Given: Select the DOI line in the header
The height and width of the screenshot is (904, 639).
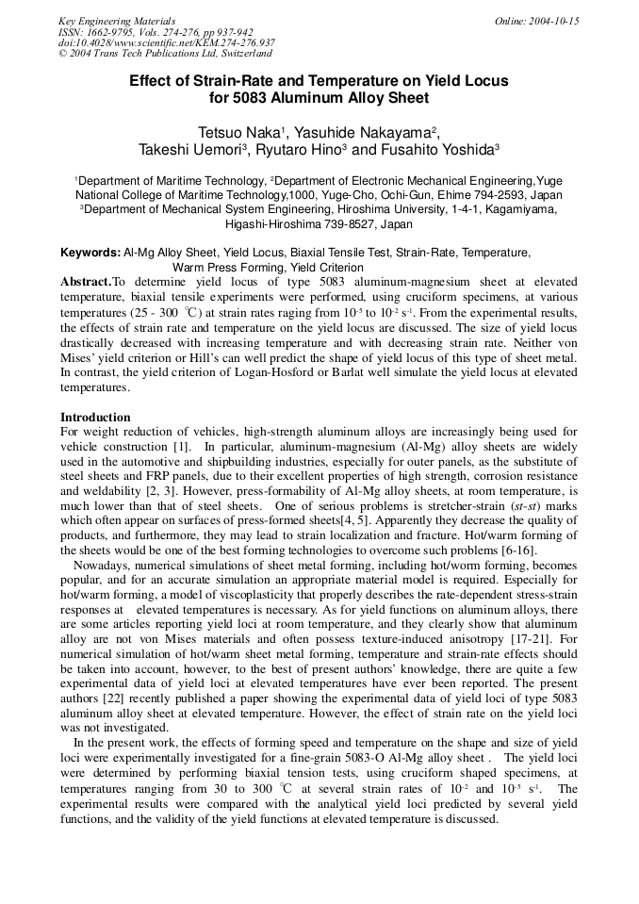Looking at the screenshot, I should (167, 42).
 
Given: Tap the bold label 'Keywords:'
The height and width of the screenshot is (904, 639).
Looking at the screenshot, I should (90, 253).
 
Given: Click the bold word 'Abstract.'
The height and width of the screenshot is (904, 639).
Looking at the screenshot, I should (86, 282).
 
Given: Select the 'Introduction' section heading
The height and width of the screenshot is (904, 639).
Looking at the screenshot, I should (95, 418).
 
